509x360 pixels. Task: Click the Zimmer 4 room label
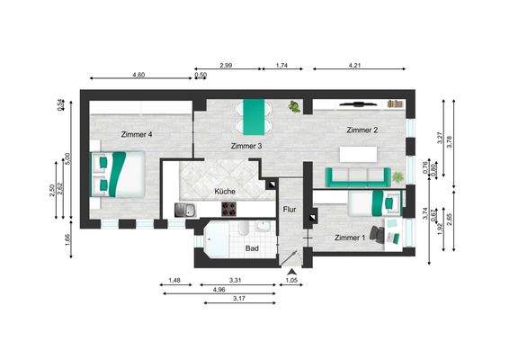pos(137,134)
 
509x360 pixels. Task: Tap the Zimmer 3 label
pos(246,146)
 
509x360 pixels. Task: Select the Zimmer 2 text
pos(362,130)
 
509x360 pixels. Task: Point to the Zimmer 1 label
pos(350,238)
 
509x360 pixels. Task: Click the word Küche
pos(225,192)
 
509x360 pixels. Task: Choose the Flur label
pos(290,209)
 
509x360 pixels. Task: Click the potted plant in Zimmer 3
pos(294,108)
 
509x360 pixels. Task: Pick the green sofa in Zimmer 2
pos(356,175)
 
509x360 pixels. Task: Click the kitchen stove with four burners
pos(230,210)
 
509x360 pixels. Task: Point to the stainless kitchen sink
pos(187,210)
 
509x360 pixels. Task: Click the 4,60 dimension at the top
pos(139,74)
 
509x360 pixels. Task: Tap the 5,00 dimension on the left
pos(68,158)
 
